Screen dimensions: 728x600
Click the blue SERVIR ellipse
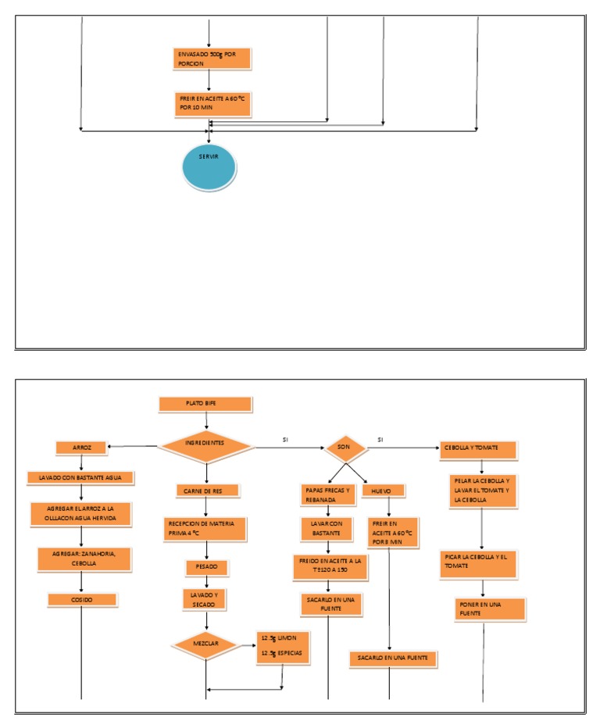point(209,165)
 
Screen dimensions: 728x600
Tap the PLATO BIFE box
point(205,404)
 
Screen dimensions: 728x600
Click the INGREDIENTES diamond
point(205,445)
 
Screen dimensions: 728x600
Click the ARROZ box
point(82,448)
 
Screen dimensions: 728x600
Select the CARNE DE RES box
point(206,491)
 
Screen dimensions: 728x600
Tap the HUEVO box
point(383,491)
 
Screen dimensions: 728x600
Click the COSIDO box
point(82,600)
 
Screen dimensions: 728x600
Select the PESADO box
point(206,565)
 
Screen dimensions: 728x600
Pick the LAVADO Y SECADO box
point(206,599)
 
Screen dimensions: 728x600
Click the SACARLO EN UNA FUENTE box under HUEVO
point(394,659)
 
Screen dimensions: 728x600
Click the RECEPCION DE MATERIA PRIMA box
point(206,528)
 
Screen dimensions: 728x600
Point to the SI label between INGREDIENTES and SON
point(285,440)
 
